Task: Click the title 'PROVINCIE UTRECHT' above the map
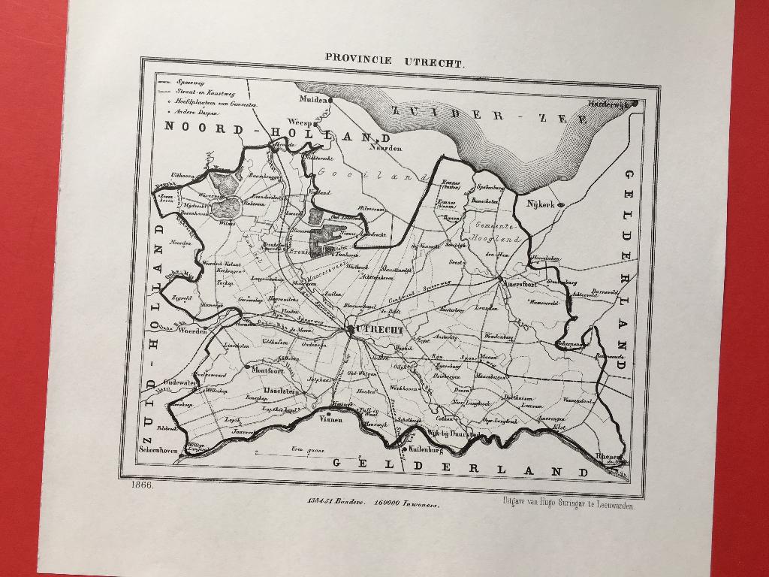(x=394, y=59)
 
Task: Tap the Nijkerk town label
(x=540, y=204)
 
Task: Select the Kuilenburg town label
(x=425, y=451)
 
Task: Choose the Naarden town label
(x=383, y=148)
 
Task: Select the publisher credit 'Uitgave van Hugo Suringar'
(x=566, y=506)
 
